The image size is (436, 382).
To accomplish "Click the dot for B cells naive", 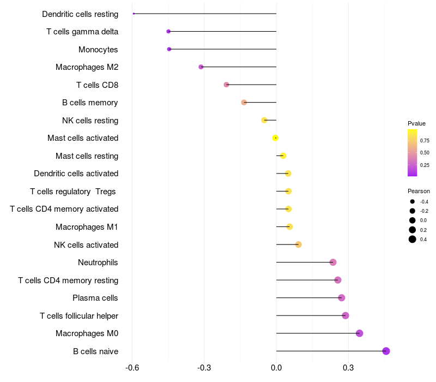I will point(386,351).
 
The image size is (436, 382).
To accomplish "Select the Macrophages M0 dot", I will point(359,333).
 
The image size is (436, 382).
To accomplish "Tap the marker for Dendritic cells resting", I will point(134,14).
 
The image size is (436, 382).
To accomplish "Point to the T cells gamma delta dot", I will point(168,32).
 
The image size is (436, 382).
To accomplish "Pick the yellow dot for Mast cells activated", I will point(275,138).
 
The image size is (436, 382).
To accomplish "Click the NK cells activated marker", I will point(299,244).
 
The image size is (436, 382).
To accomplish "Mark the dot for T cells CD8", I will point(227,85).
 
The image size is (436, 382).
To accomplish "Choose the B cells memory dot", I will point(244,103).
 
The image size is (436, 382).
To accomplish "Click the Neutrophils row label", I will point(98,262).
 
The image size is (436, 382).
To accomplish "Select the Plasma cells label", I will point(95,298).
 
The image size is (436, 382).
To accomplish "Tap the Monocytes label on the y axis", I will point(98,50).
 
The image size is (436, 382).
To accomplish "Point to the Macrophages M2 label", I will point(87,67).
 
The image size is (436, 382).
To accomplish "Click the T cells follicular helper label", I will point(79,316).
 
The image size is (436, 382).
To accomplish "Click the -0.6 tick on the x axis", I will point(132,367).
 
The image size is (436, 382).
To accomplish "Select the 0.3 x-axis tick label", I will point(348,367).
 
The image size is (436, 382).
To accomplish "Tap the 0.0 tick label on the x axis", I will point(276,367).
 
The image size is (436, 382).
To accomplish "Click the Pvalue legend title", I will point(416,123).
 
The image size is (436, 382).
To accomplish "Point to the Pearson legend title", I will point(419,191).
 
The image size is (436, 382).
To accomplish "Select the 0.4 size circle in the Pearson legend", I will point(413,240).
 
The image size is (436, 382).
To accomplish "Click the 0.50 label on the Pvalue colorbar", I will point(425,153).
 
